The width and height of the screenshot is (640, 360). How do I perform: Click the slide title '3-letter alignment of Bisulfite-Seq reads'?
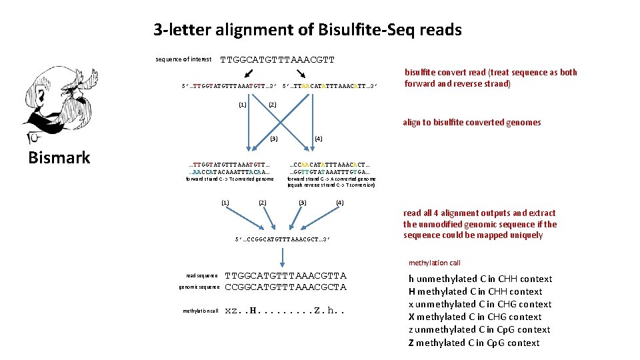pos(307,30)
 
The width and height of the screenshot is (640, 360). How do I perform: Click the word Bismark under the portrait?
pos(59,157)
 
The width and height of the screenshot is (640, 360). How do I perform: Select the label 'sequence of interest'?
pos(183,59)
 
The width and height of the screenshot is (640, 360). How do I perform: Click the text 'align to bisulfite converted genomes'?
pos(471,122)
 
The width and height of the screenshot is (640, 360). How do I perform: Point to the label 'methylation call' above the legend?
pos(435,263)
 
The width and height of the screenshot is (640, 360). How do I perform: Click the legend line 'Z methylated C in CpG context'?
pos(473,343)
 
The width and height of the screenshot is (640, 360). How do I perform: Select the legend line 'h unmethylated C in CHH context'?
pos(480,279)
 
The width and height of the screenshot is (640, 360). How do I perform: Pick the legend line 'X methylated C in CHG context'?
pos(475,317)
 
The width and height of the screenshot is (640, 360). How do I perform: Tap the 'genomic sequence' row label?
pos(199,287)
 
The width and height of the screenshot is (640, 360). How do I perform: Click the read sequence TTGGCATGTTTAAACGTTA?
pos(285,275)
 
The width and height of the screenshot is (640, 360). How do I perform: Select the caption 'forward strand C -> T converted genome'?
pos(229,179)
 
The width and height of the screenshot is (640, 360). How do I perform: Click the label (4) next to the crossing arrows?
pos(318,139)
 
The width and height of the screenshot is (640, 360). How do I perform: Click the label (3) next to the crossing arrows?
pos(273,139)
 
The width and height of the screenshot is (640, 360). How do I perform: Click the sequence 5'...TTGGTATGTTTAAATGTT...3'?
pos(229,85)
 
